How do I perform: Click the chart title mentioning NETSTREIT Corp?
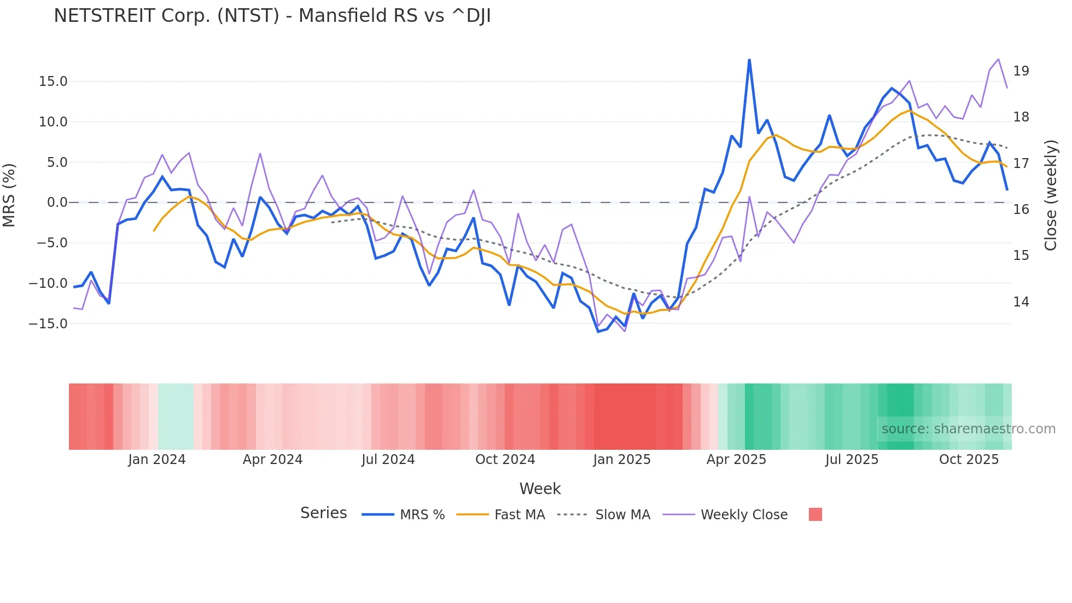click(272, 16)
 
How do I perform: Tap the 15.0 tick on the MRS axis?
click(53, 82)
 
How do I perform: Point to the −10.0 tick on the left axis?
click(48, 283)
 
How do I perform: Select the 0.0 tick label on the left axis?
click(57, 202)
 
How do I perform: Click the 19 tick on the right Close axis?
click(1021, 71)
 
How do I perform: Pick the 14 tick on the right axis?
click(1021, 302)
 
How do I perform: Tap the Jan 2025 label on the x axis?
click(622, 460)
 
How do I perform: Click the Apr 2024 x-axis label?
click(272, 460)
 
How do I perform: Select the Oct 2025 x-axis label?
click(969, 460)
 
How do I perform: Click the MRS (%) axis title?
click(9, 195)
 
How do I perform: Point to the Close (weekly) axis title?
click(1051, 195)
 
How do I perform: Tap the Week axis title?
click(540, 489)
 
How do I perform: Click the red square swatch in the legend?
click(815, 514)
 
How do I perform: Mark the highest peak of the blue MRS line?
click(749, 60)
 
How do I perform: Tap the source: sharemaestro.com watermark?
click(968, 429)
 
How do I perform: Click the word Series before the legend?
click(323, 513)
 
